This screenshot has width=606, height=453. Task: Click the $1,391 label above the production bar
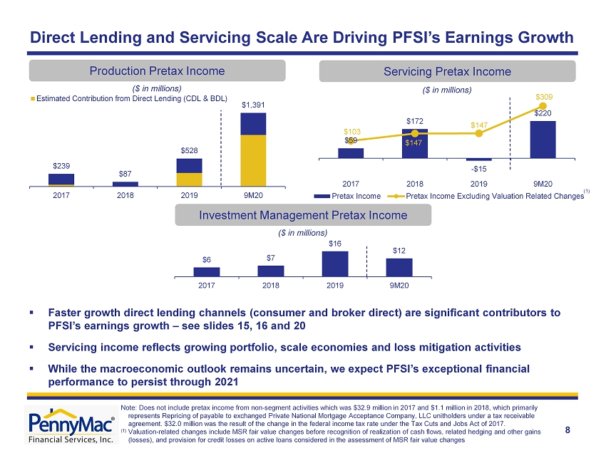(253, 105)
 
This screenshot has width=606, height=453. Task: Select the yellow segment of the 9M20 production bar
(253, 161)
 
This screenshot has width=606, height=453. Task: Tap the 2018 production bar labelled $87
(125, 184)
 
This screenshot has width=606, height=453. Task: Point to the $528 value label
(189, 150)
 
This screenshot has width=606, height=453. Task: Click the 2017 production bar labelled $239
(61, 180)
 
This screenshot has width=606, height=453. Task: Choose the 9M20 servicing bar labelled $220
(543, 140)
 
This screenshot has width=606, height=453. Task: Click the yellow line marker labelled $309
(543, 106)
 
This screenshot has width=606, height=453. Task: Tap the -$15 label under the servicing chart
(479, 169)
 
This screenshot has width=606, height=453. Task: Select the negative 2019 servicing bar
(479, 160)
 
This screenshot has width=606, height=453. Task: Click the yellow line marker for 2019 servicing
(479, 133)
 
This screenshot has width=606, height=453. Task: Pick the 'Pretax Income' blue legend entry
(347, 196)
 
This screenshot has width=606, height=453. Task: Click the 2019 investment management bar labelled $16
(335, 264)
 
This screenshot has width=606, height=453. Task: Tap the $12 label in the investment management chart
(399, 251)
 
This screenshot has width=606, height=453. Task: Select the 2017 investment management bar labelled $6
(207, 272)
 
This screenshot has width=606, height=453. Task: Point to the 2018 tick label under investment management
(270, 286)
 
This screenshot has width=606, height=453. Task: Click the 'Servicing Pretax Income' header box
(447, 71)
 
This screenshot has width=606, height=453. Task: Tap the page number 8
(568, 430)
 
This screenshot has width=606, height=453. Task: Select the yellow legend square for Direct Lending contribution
(33, 99)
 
